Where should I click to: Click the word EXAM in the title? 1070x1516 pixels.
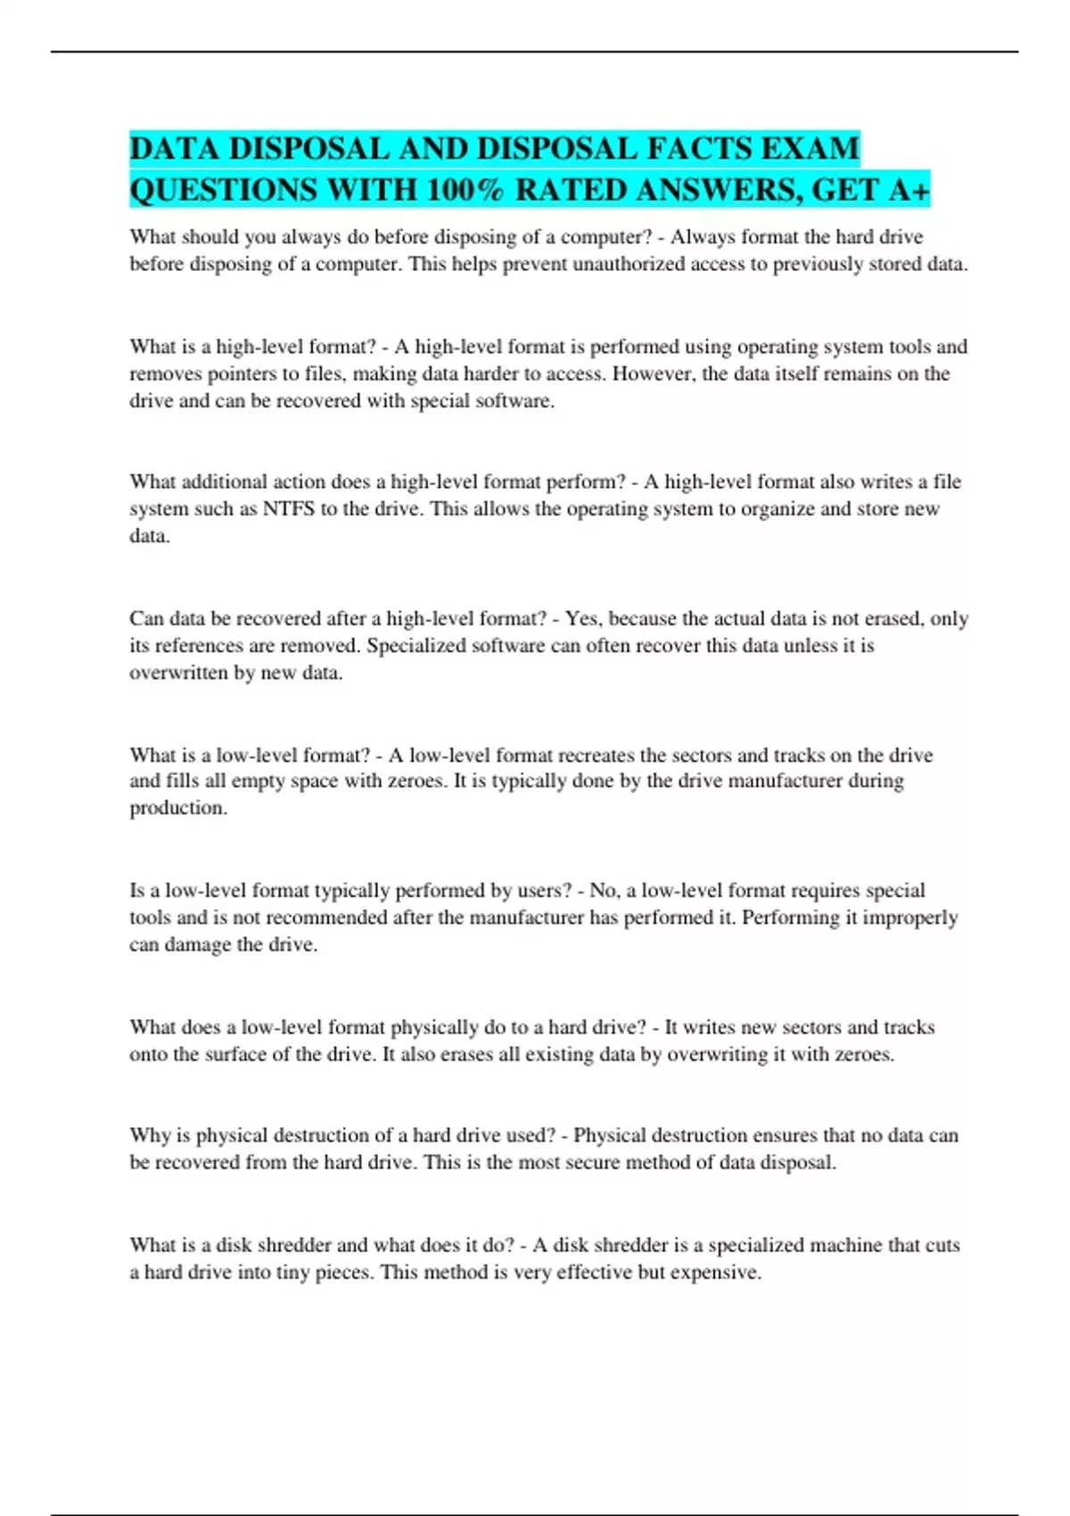(x=810, y=148)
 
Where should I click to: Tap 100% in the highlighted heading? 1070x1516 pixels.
(x=465, y=190)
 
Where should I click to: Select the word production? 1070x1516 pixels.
(x=177, y=809)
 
